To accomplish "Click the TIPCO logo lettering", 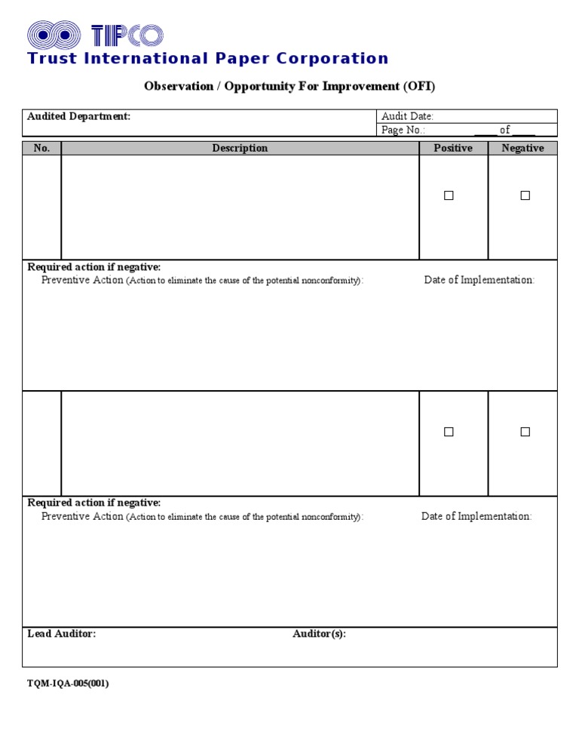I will [127, 35].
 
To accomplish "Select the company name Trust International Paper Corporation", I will [207, 59].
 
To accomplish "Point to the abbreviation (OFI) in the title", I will [418, 86].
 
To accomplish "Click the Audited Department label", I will [78, 116].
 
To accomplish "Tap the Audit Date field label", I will [407, 116].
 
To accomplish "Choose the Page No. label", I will [403, 130].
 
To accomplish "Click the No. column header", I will [41, 148].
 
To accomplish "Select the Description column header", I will [240, 148].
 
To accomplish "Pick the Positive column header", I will [453, 148].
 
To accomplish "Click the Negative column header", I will [522, 148].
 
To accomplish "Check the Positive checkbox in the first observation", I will [449, 195].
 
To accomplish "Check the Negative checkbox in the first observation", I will [525, 195].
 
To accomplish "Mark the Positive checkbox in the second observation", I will [449, 432].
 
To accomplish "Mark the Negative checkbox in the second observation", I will [525, 432].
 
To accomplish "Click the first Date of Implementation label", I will [479, 280].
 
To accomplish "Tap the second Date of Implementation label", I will [476, 516].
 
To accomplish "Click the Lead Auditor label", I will [61, 634].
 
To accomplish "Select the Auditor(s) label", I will [319, 634].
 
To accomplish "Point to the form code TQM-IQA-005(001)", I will [68, 684].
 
